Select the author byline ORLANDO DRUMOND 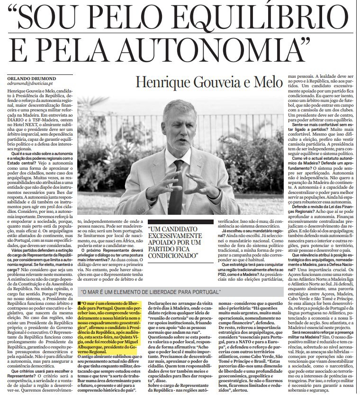point(29,78)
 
